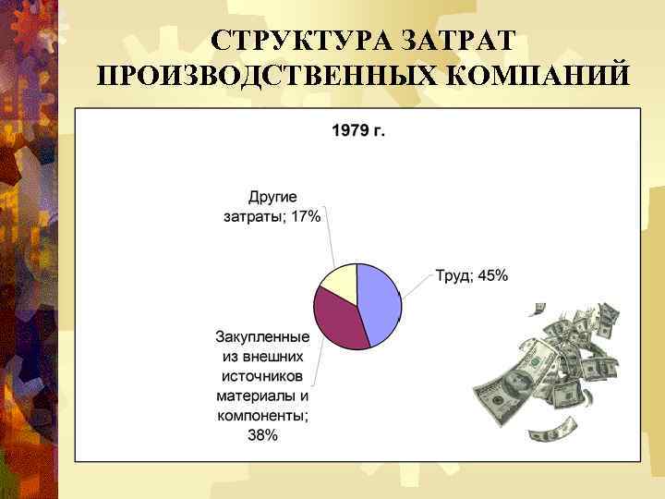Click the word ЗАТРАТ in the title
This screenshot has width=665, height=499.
click(457, 41)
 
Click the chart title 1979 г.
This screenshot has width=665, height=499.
click(358, 129)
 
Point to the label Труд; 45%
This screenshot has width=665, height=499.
click(471, 275)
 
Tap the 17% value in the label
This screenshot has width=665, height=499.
click(305, 216)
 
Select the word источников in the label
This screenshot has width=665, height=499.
click(262, 376)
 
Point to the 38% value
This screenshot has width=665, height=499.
click(262, 435)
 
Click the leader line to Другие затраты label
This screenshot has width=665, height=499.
click(330, 240)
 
